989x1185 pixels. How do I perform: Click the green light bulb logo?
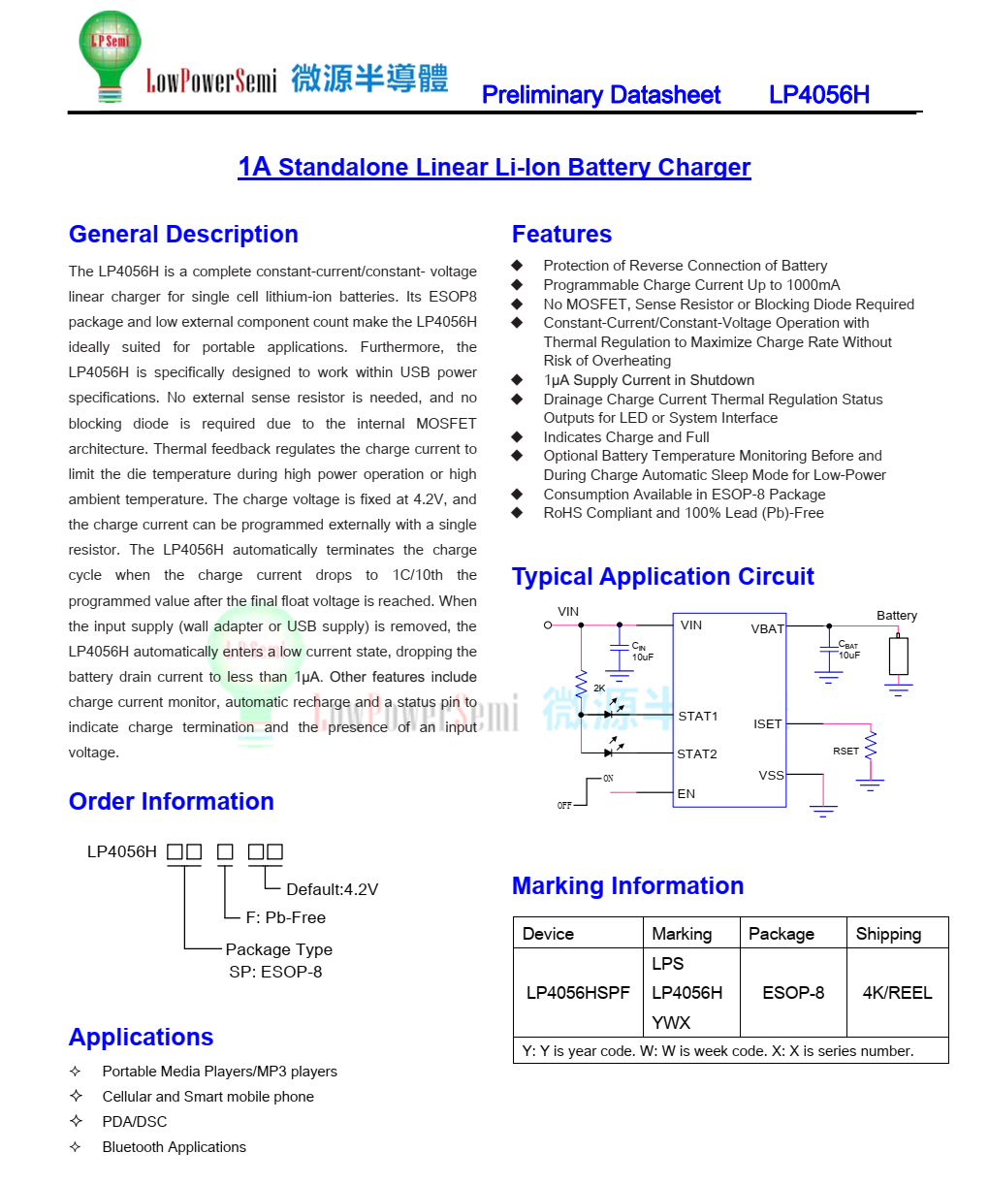tap(110, 52)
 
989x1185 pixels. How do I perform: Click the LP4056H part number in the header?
tap(818, 95)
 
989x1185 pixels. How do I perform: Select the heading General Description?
tap(183, 235)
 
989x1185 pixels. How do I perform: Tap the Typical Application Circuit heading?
tap(662, 577)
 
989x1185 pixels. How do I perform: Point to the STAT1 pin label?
tap(698, 717)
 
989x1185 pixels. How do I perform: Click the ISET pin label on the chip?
tap(767, 724)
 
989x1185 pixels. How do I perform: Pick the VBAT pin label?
tap(767, 629)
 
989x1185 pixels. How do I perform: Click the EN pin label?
tap(686, 794)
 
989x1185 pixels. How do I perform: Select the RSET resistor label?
tap(845, 752)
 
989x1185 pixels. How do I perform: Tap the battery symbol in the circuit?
tap(899, 656)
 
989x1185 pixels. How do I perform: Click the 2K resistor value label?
tap(599, 689)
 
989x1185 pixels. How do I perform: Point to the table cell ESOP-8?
tap(793, 993)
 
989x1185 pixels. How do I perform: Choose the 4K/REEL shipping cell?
tap(897, 993)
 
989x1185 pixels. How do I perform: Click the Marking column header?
tap(682, 934)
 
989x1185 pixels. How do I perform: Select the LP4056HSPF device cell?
tap(578, 993)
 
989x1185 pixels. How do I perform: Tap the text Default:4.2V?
tap(332, 890)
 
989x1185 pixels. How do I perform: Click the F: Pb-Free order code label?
tap(285, 917)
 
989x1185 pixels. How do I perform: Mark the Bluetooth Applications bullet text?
tap(175, 1147)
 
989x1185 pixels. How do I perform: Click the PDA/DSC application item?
tap(135, 1122)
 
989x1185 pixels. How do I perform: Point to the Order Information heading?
tap(172, 802)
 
